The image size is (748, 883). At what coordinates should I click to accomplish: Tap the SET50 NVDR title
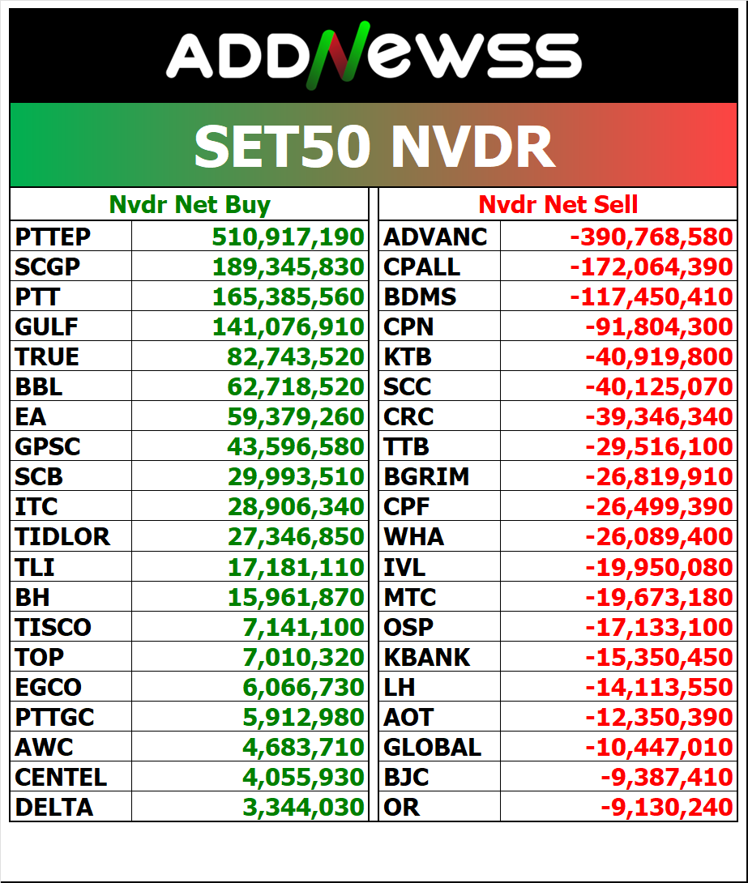(x=374, y=147)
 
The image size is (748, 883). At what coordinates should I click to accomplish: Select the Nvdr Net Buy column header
(x=190, y=205)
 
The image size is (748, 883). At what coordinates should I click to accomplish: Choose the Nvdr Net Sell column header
(x=558, y=205)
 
